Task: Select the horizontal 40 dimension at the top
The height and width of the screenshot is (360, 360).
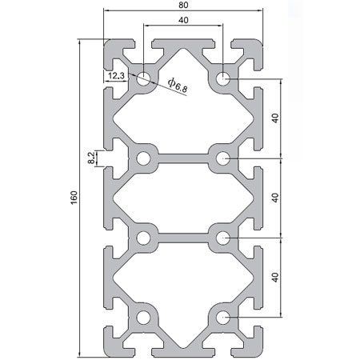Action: pyautogui.click(x=183, y=19)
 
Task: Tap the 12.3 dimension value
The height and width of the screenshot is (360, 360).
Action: pyautogui.click(x=114, y=75)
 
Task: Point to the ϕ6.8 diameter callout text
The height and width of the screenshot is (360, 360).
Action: pyautogui.click(x=178, y=82)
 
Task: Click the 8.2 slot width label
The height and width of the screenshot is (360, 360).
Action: pyautogui.click(x=90, y=158)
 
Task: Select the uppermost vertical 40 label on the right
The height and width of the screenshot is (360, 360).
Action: pyautogui.click(x=275, y=118)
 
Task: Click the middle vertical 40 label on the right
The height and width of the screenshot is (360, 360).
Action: pyautogui.click(x=275, y=198)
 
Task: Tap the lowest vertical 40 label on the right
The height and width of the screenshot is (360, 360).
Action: pyautogui.click(x=275, y=278)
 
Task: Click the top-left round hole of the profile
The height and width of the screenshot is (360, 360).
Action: pyautogui.click(x=144, y=78)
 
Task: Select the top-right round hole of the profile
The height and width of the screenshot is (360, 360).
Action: pyautogui.click(x=222, y=78)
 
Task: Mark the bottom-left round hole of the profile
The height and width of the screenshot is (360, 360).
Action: pyautogui.click(x=144, y=318)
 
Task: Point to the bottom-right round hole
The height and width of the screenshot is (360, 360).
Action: pyautogui.click(x=222, y=318)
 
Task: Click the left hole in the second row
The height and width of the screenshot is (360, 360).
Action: pyautogui.click(x=144, y=158)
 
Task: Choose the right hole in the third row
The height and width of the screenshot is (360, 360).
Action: pyautogui.click(x=222, y=238)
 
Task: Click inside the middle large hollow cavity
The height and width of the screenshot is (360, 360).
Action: pyautogui.click(x=183, y=198)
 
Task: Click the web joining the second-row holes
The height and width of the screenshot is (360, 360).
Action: pyautogui.click(x=183, y=158)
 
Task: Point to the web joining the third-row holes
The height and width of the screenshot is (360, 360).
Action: pyautogui.click(x=183, y=238)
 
